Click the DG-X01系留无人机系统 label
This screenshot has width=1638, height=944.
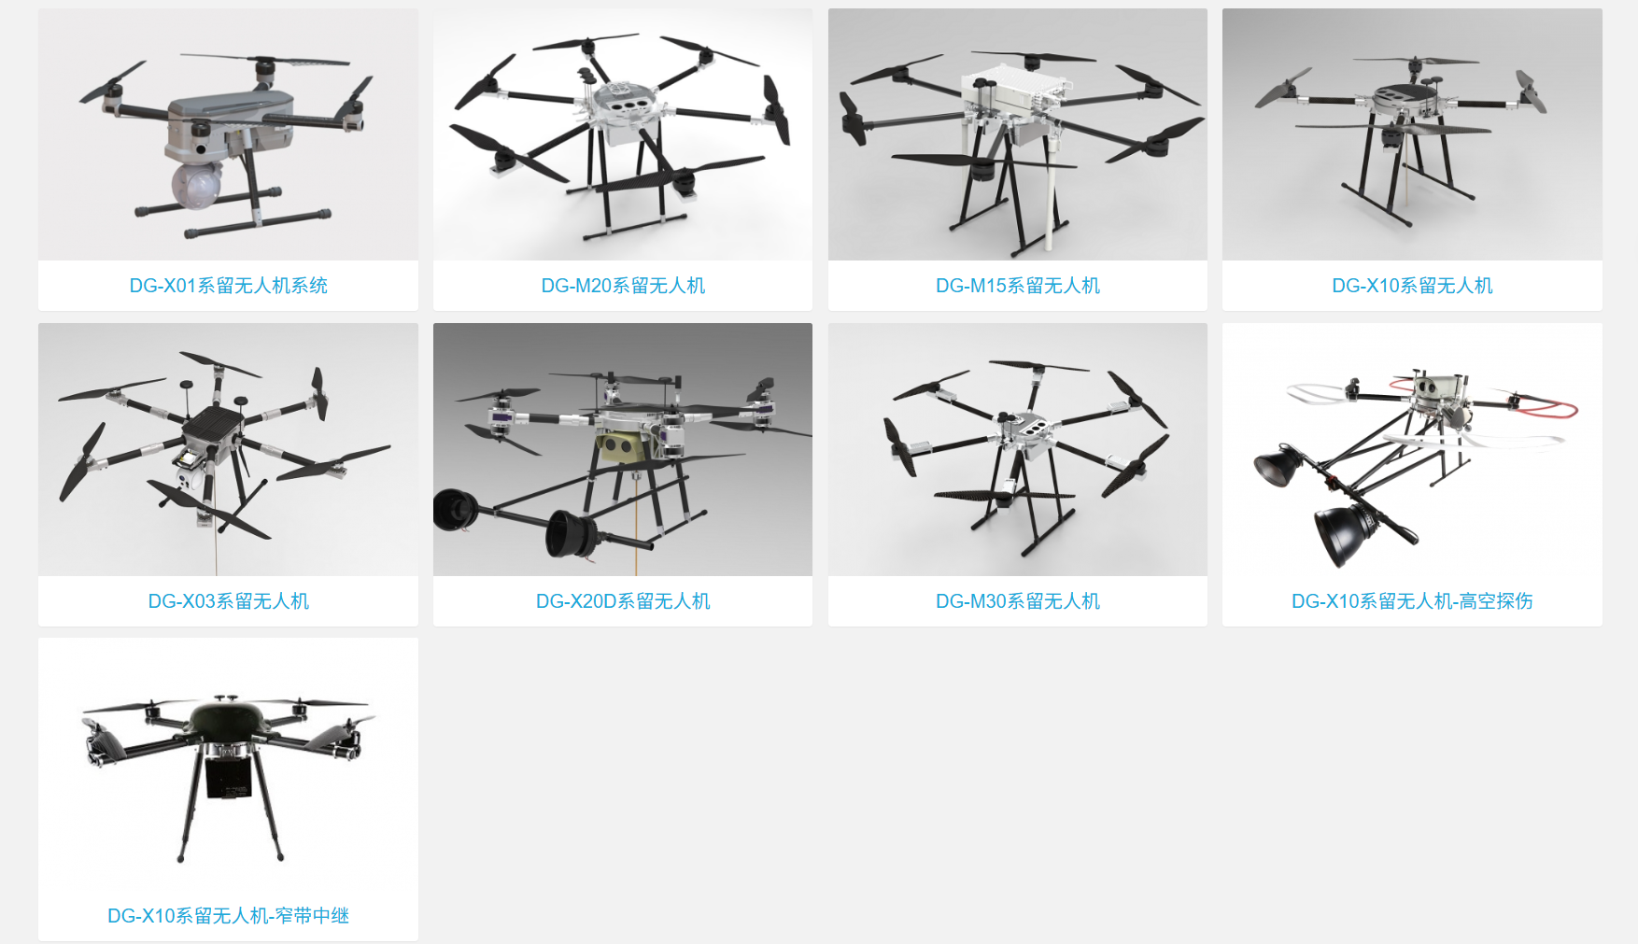(228, 286)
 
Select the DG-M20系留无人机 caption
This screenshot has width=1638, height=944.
(623, 286)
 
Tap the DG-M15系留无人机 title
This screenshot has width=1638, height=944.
(1018, 286)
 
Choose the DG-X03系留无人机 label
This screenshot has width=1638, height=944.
(228, 601)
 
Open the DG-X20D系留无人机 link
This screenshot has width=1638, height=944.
(623, 601)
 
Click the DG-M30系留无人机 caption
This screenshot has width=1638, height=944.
(1018, 601)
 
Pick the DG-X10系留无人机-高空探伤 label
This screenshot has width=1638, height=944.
(1412, 601)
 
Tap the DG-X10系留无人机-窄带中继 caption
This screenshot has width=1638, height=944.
(228, 916)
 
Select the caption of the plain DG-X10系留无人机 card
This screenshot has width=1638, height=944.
(1412, 286)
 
